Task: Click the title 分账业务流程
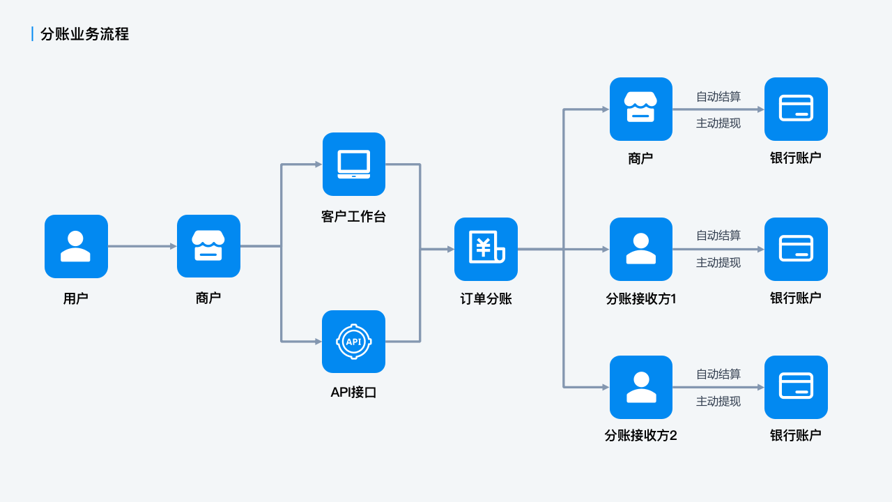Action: (84, 34)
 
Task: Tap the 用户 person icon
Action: (76, 246)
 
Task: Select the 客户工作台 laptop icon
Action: (354, 164)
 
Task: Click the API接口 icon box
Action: (354, 342)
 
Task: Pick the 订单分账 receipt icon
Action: (486, 249)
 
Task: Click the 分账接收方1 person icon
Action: (641, 249)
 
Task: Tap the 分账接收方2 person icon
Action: (641, 387)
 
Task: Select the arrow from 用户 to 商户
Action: (142, 246)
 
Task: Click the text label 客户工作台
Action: (354, 217)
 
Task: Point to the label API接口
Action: (354, 393)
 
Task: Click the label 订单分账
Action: (486, 299)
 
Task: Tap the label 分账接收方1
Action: (641, 299)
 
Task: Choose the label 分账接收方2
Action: (641, 436)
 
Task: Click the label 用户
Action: (76, 299)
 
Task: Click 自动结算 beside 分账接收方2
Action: (718, 374)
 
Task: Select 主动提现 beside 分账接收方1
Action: (718, 263)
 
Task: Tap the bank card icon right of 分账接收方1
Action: (796, 249)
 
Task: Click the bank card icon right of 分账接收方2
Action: (796, 387)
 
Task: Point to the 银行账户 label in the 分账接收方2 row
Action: (796, 436)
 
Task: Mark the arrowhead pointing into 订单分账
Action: (450, 249)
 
